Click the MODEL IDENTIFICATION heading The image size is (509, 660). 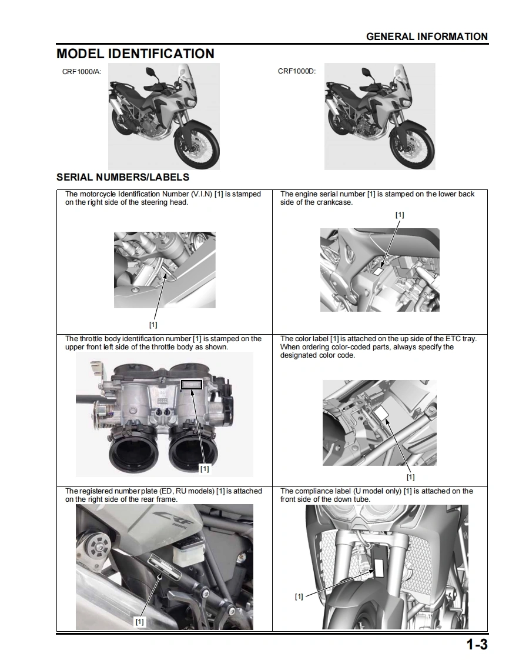[x=135, y=54]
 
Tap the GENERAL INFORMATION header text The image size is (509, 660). [x=427, y=36]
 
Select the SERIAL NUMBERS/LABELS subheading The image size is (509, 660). [x=123, y=177]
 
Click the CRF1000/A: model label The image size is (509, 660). [x=82, y=71]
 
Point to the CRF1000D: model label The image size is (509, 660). [x=297, y=71]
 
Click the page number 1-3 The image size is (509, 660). [x=477, y=645]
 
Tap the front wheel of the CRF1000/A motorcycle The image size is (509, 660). [x=197, y=146]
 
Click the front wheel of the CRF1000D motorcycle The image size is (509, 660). [x=413, y=146]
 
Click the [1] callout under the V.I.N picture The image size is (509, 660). [x=153, y=324]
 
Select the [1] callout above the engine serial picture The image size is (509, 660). [x=400, y=215]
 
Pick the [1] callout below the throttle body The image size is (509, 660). [x=204, y=469]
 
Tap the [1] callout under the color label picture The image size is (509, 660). [x=410, y=477]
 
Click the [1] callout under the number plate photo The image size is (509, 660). [x=139, y=621]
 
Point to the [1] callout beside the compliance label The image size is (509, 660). [x=299, y=596]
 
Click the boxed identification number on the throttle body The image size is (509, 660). [x=192, y=385]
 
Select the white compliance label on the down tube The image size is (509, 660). [x=379, y=567]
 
